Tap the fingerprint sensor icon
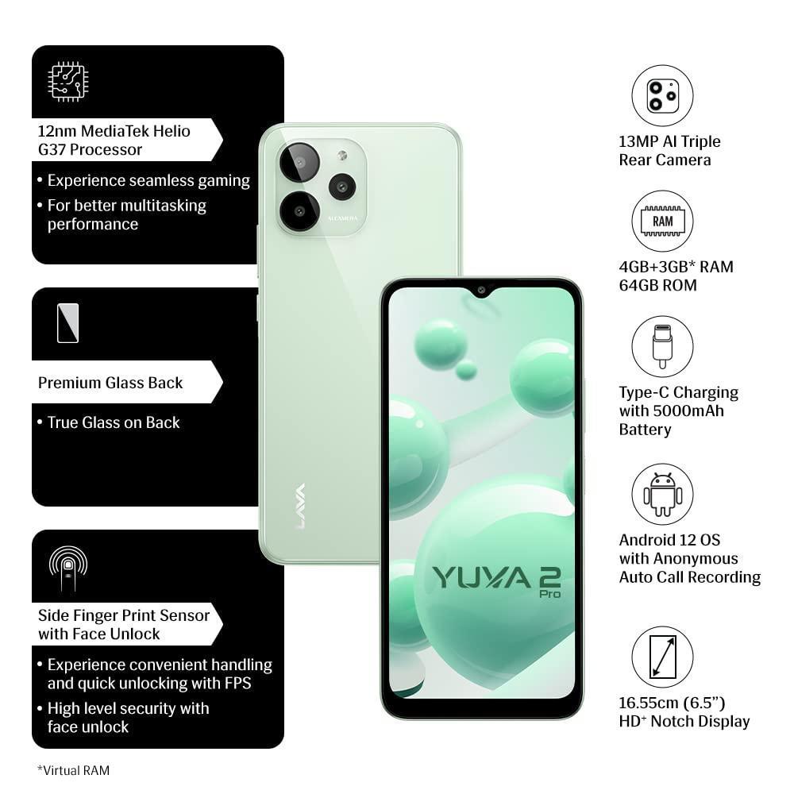(x=68, y=566)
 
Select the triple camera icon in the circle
(x=662, y=96)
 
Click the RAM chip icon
(x=662, y=222)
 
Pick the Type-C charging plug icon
(x=662, y=346)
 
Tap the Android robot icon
(x=662, y=494)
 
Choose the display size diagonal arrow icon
(x=662, y=657)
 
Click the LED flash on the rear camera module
(x=342, y=156)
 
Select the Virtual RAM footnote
(x=74, y=769)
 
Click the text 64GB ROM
(x=657, y=285)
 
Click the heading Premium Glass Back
(x=110, y=383)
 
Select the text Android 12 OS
(x=669, y=540)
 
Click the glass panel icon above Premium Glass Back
(x=68, y=323)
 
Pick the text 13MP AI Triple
(x=669, y=141)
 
